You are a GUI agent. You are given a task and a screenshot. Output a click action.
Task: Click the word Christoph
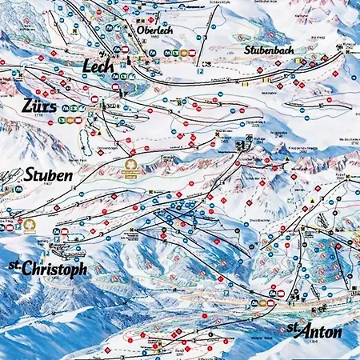pos(55,269)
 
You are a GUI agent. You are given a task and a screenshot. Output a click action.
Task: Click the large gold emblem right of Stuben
pos(130,167)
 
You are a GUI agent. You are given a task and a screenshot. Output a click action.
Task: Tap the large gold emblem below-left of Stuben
pos(30,226)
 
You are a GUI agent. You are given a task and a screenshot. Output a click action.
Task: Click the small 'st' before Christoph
pos(14,265)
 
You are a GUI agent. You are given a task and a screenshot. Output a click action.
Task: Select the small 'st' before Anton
pos(293,328)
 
